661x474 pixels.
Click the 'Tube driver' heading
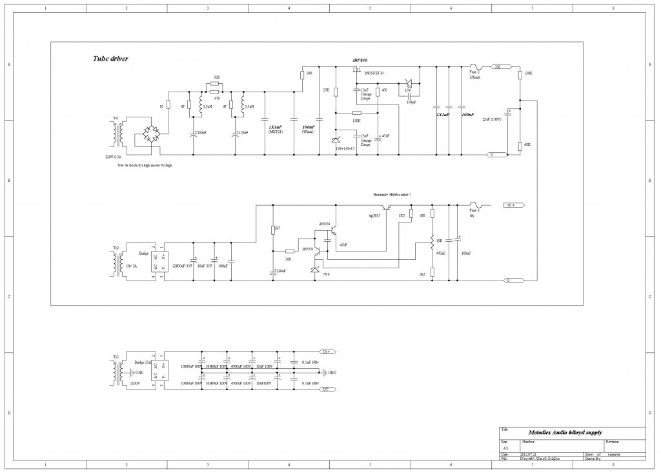click(x=110, y=59)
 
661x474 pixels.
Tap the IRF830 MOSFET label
click(x=360, y=60)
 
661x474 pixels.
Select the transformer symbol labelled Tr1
click(x=117, y=133)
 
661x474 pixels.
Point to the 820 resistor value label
click(x=217, y=77)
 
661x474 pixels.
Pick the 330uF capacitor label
click(x=201, y=133)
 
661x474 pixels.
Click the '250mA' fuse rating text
click(x=474, y=77)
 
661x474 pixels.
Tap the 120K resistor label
click(x=528, y=74)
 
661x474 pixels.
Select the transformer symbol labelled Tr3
click(x=117, y=371)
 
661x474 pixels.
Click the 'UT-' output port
click(x=326, y=390)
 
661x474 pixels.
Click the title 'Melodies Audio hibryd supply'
click(x=560, y=432)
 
